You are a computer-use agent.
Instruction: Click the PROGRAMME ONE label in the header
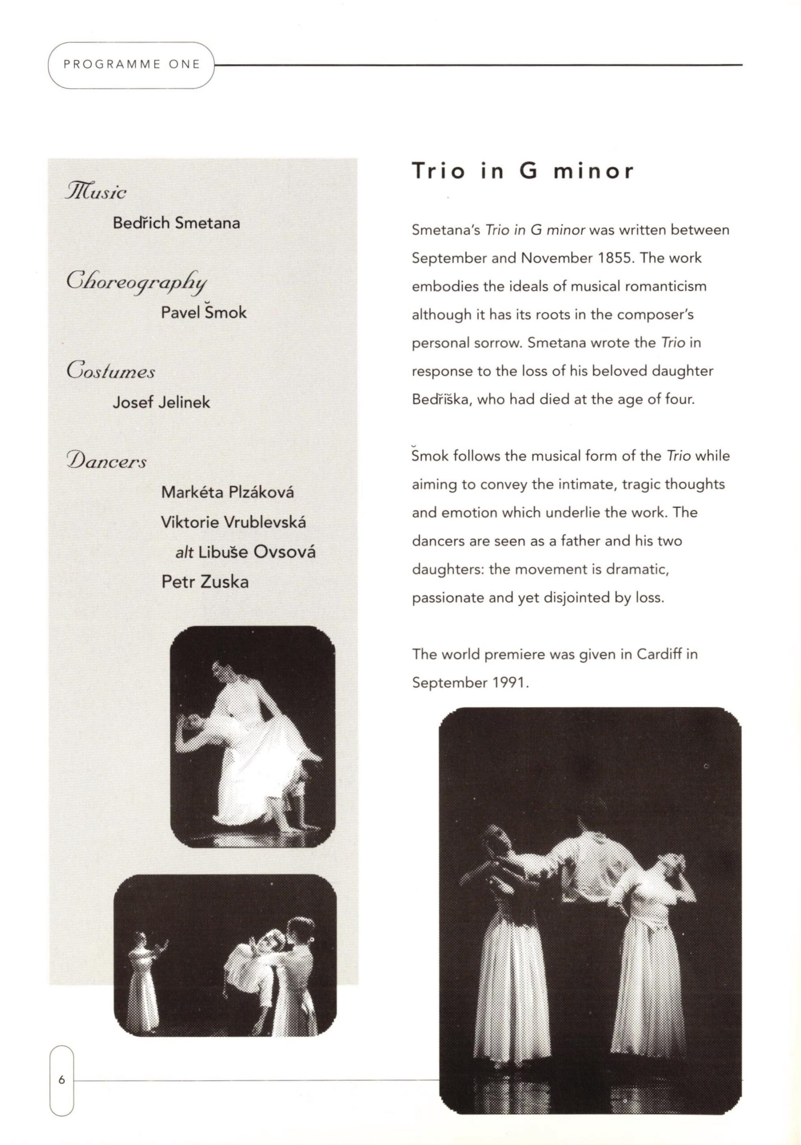pos(131,65)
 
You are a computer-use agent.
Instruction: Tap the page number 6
pos(61,1080)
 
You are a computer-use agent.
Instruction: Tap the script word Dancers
pos(107,461)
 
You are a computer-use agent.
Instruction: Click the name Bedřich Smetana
pos(176,223)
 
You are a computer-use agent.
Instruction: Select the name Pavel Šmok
pos(203,313)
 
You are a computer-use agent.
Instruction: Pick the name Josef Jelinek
pos(161,402)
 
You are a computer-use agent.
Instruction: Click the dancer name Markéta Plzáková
pos(228,492)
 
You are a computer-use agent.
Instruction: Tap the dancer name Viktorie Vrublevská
pos(233,522)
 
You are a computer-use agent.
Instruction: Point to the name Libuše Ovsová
pos(257,552)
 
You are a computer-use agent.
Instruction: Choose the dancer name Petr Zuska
pos(204,581)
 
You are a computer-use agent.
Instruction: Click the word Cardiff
pos(659,654)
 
